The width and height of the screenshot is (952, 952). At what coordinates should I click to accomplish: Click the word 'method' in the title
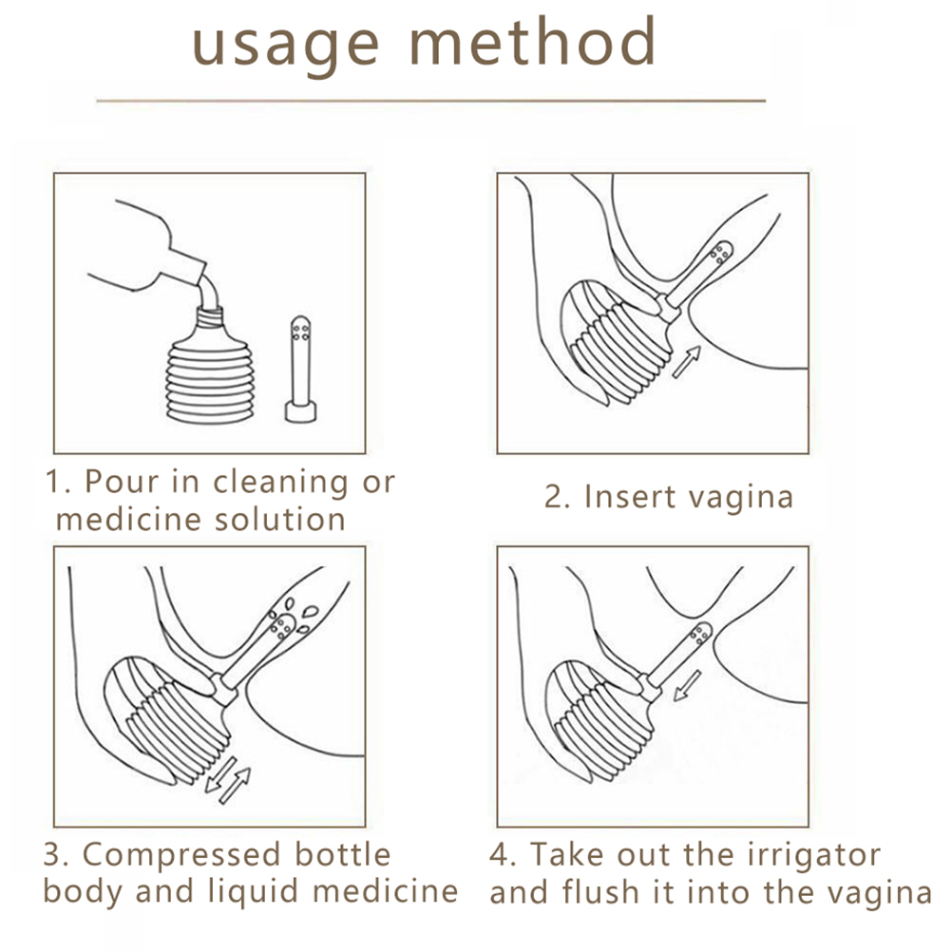click(533, 41)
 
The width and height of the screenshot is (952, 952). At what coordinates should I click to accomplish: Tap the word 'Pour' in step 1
click(122, 482)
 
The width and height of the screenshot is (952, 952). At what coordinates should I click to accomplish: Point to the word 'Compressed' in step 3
click(181, 856)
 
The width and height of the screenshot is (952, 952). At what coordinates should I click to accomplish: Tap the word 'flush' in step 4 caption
click(600, 892)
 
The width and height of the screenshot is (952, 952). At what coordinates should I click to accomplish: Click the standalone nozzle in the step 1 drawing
click(300, 370)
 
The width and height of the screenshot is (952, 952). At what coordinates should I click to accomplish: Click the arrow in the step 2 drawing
click(687, 361)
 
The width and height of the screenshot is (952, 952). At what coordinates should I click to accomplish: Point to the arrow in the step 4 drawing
click(688, 684)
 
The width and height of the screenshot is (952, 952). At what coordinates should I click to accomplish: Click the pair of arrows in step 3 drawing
click(227, 780)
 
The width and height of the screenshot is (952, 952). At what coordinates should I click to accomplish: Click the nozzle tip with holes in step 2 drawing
click(721, 252)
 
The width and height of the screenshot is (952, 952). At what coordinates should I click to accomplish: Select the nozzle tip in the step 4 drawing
click(701, 634)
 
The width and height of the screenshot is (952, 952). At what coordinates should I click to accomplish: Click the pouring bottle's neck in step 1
click(189, 265)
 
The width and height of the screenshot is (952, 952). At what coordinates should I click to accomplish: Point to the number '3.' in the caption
click(56, 856)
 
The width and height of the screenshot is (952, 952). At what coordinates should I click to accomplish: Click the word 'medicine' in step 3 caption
click(386, 892)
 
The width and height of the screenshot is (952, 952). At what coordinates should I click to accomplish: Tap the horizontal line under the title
click(431, 101)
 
